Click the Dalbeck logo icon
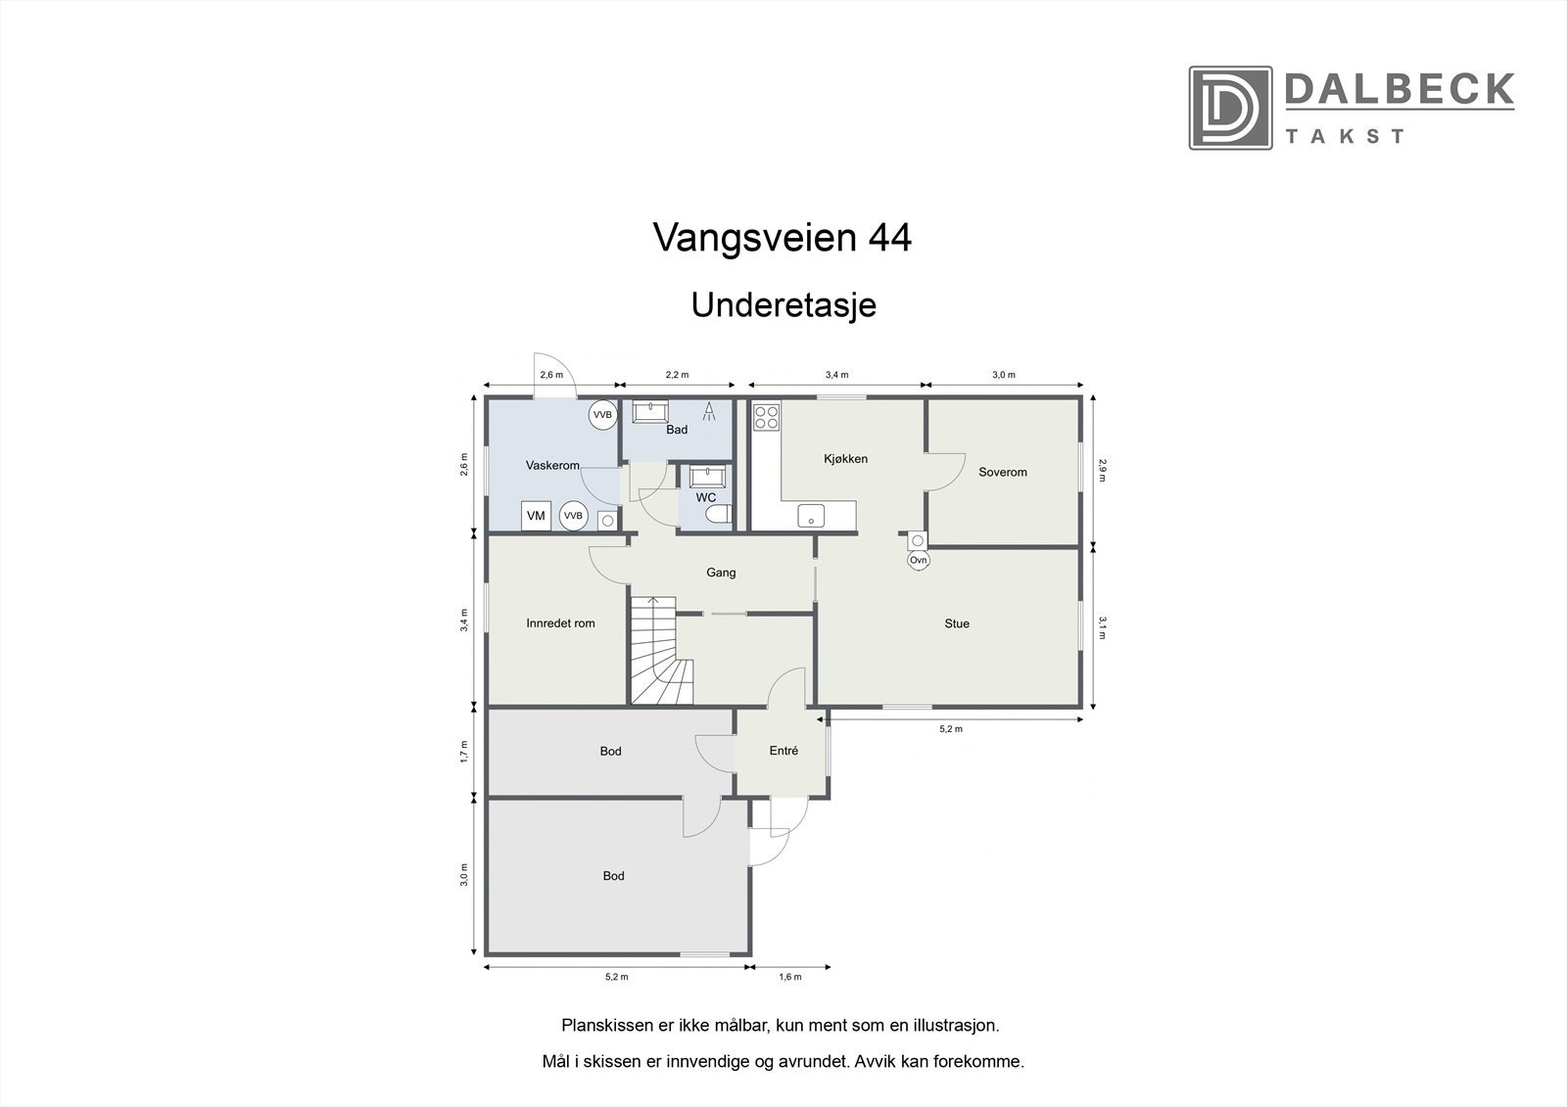[1230, 108]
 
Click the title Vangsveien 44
[782, 238]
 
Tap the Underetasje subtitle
[783, 304]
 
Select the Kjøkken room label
[845, 459]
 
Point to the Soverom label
[1003, 472]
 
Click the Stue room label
[956, 623]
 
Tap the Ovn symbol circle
[918, 561]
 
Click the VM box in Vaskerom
[536, 516]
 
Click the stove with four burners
[765, 418]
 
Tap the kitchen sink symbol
[810, 514]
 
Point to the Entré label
[783, 751]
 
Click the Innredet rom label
[560, 623]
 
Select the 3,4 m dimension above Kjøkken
[836, 375]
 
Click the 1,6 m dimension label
[789, 977]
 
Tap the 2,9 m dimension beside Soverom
[1102, 470]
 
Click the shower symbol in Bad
[709, 411]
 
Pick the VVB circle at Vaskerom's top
[601, 415]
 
